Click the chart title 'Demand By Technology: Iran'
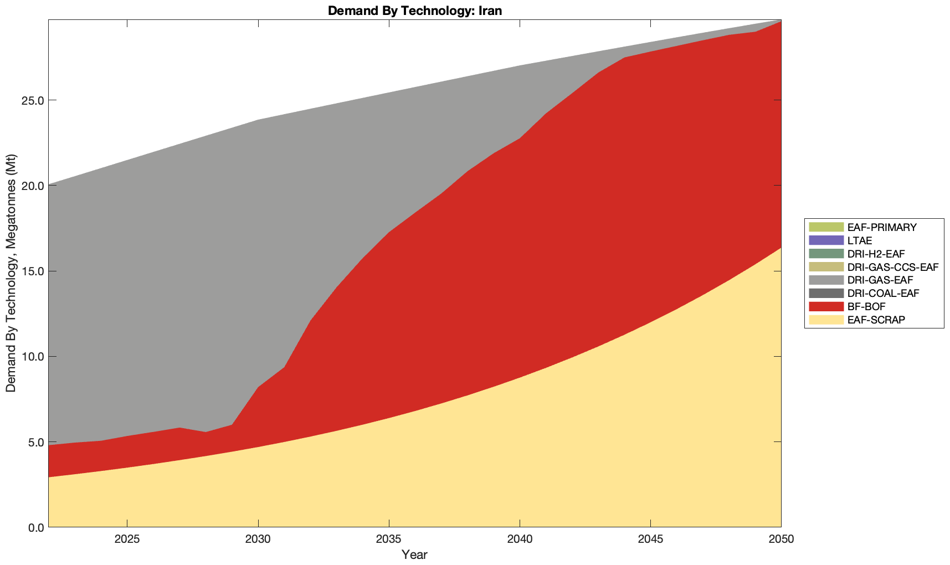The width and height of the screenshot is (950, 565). pos(414,10)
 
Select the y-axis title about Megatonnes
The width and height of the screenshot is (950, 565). pos(11,273)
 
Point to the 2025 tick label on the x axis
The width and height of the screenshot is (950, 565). pos(127,540)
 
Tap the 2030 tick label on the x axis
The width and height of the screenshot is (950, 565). pos(258,540)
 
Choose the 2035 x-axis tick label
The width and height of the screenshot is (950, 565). pos(389,540)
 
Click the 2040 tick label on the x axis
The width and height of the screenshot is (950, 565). pos(520,540)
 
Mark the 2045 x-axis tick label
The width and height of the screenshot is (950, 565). pos(650,540)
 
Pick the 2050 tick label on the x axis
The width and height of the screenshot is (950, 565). pos(781,540)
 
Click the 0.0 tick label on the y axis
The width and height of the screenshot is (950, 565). pos(34,527)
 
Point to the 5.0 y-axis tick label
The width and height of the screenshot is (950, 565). pos(34,442)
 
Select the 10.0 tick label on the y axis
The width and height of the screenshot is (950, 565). pos(32,356)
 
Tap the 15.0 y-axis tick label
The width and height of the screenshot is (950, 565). pos(32,271)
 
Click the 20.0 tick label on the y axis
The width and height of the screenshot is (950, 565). pos(32,186)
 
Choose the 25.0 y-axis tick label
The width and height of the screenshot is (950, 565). pos(32,100)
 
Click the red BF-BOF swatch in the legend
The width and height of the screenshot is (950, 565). pos(825,306)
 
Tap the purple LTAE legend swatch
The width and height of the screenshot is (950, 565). pos(825,240)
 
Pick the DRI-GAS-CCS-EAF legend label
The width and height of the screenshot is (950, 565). pos(892,267)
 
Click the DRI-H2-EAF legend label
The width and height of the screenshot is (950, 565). pos(876,254)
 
